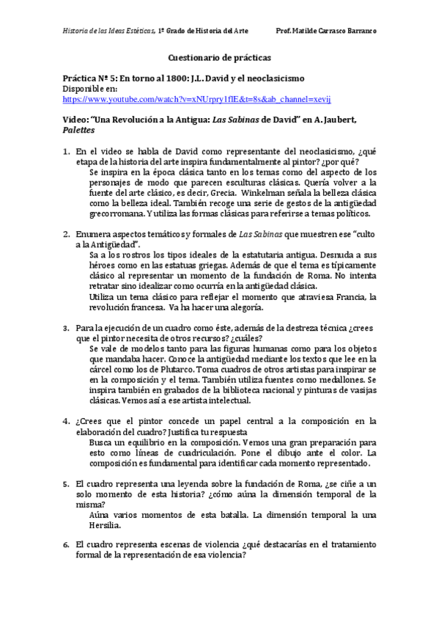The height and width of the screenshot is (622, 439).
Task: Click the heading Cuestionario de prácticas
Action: coord(219,56)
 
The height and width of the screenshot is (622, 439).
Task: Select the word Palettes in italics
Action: coord(79,130)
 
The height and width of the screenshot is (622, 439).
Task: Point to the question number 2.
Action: coord(65,233)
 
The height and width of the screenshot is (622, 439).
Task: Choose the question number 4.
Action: coord(65,421)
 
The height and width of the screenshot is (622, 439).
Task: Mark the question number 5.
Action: coord(65,484)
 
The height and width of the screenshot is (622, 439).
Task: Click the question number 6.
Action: coord(65,545)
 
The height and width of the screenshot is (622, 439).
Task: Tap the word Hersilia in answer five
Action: coord(106,525)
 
